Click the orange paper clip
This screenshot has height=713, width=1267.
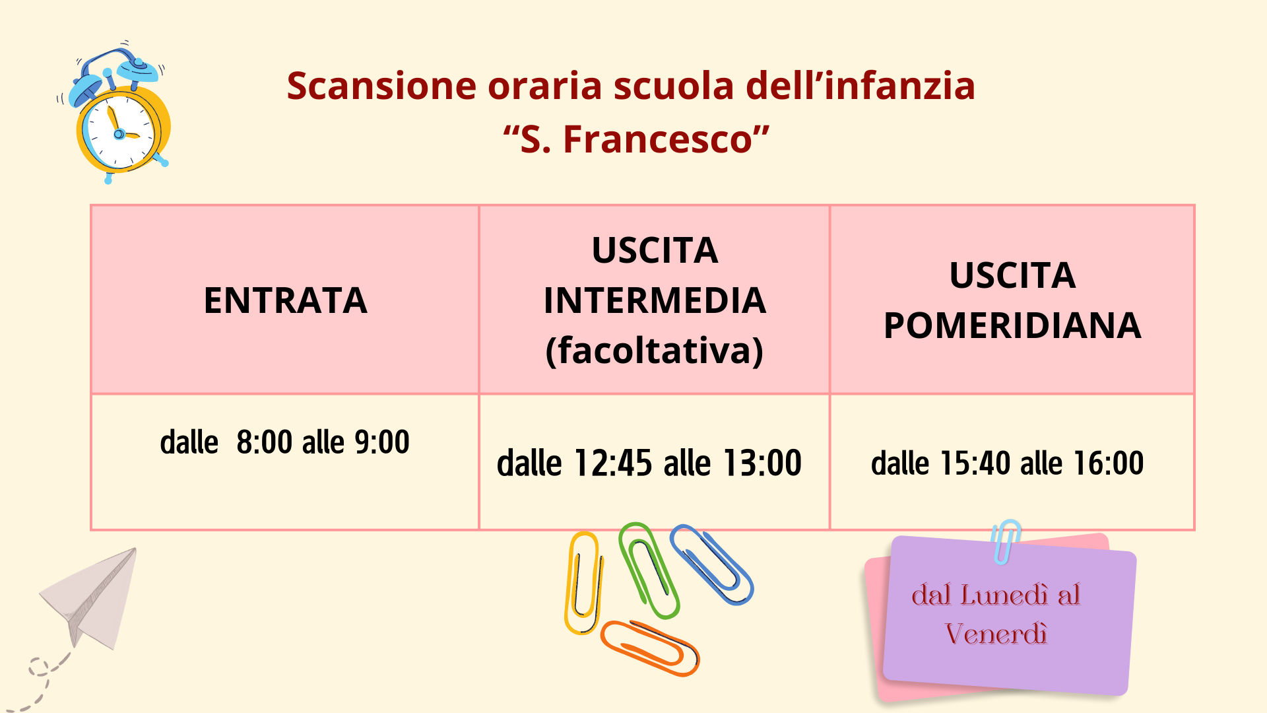pos(649,648)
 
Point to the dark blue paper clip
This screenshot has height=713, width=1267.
pos(711,564)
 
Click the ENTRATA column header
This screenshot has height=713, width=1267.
pos(285,300)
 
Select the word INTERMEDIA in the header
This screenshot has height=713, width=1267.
pos(655,300)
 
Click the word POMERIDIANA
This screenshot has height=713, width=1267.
pos(1012,325)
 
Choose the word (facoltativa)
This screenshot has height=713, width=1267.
pos(655,351)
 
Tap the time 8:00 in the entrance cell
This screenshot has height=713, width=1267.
pos(264,442)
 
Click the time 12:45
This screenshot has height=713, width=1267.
pos(613,463)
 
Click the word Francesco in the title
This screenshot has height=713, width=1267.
pos(658,139)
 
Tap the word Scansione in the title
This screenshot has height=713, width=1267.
pos(381,86)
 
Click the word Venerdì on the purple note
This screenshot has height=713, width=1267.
pos(996,634)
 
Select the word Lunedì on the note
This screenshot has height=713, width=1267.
pos(1004,595)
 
